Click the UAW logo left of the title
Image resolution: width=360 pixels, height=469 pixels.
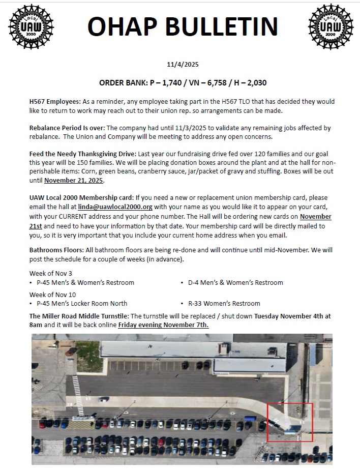point(31,27)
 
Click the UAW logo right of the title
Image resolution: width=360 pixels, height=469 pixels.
point(331,27)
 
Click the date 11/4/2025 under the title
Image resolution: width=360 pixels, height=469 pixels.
point(183,64)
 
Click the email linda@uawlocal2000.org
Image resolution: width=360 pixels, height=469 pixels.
point(115,207)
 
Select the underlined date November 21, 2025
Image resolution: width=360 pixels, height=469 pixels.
point(74,181)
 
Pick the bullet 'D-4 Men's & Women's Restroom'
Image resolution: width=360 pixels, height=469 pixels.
point(235,282)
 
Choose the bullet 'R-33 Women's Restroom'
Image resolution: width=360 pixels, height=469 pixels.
point(224,304)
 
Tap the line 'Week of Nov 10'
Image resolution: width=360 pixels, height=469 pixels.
point(52,295)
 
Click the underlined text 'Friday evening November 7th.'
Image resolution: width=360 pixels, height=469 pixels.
point(163,325)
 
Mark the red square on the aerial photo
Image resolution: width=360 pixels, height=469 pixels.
point(290,422)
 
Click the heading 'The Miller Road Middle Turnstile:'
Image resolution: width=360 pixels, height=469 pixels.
point(79,316)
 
